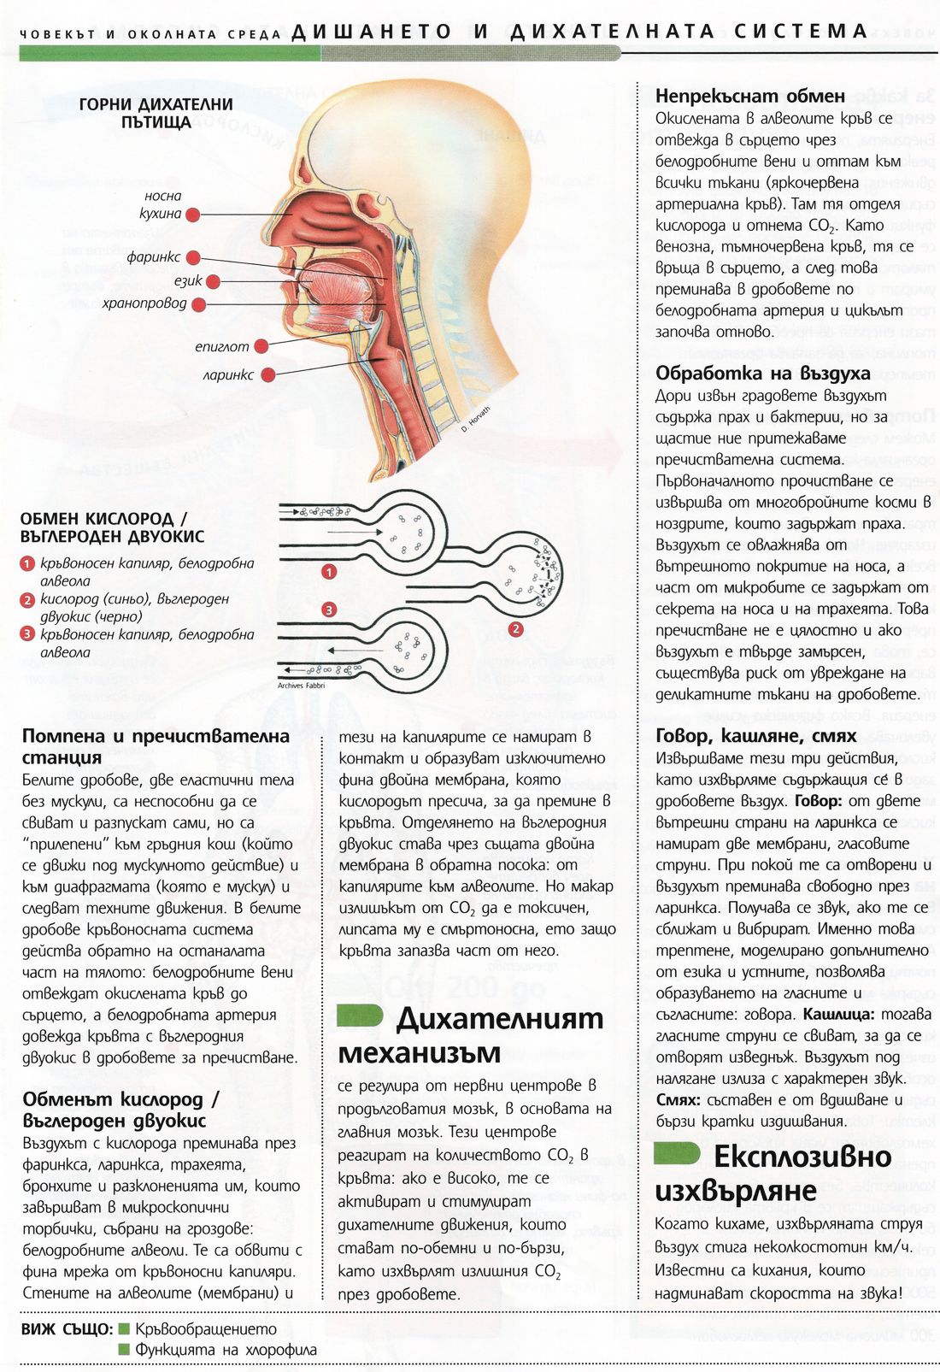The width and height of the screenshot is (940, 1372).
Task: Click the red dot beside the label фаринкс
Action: [x=193, y=257]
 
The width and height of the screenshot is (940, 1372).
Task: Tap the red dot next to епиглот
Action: [x=261, y=346]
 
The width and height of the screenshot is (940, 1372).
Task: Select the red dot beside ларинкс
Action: [x=268, y=374]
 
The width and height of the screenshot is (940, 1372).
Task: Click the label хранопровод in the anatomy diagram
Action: [x=144, y=303]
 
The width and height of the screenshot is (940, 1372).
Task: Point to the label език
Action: [x=188, y=280]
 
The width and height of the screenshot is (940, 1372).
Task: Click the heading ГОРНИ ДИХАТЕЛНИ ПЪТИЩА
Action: [x=156, y=113]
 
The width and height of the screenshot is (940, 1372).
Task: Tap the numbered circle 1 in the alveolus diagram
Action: [x=329, y=572]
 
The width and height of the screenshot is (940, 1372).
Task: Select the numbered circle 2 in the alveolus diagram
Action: [x=515, y=630]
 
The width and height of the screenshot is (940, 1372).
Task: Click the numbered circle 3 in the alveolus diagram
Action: [x=329, y=609]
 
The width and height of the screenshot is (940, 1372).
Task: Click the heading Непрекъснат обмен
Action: [x=749, y=96]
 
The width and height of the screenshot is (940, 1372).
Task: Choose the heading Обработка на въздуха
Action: [x=762, y=374]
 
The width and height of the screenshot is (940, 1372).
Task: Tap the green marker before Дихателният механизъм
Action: [x=359, y=1016]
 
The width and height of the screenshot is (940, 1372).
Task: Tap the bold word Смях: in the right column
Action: [x=678, y=1100]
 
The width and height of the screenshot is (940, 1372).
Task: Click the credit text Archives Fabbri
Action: [x=302, y=686]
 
